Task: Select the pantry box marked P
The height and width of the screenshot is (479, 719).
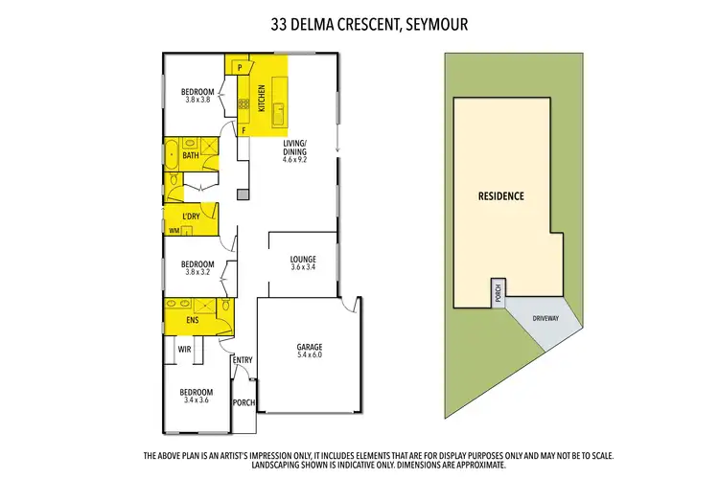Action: (239, 68)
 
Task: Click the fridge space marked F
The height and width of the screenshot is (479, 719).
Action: (244, 129)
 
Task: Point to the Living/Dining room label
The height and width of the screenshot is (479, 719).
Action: (294, 148)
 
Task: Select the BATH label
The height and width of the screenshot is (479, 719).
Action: (191, 155)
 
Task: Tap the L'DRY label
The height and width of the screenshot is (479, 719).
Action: (192, 217)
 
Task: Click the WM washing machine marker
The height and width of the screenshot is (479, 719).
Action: (174, 231)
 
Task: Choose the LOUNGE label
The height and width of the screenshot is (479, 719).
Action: (303, 260)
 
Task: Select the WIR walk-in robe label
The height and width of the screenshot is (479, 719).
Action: (184, 350)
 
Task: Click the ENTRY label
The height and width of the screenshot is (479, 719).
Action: (243, 360)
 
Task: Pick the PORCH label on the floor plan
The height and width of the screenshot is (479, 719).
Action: (244, 403)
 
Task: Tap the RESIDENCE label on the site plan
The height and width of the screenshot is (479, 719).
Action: (500, 196)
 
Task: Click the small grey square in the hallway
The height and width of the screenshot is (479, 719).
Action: (244, 195)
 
